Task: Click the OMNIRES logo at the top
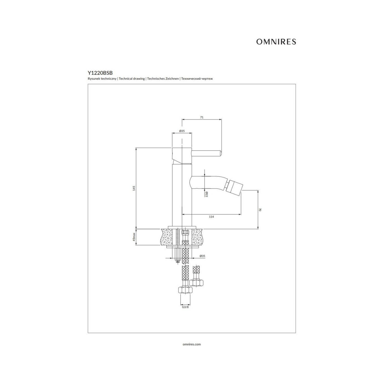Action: pyautogui.click(x=276, y=42)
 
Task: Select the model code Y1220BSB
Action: pyautogui.click(x=100, y=73)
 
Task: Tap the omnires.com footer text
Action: pyautogui.click(x=192, y=344)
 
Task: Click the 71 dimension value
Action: pyautogui.click(x=202, y=117)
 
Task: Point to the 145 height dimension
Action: pyautogui.click(x=134, y=188)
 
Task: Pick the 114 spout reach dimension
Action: pyautogui.click(x=211, y=217)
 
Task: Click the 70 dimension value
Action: pyautogui.click(x=260, y=210)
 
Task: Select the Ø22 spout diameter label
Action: pyautogui.click(x=206, y=194)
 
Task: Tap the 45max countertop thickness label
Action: pyautogui.click(x=134, y=237)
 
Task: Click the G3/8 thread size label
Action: pyautogui.click(x=185, y=313)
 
